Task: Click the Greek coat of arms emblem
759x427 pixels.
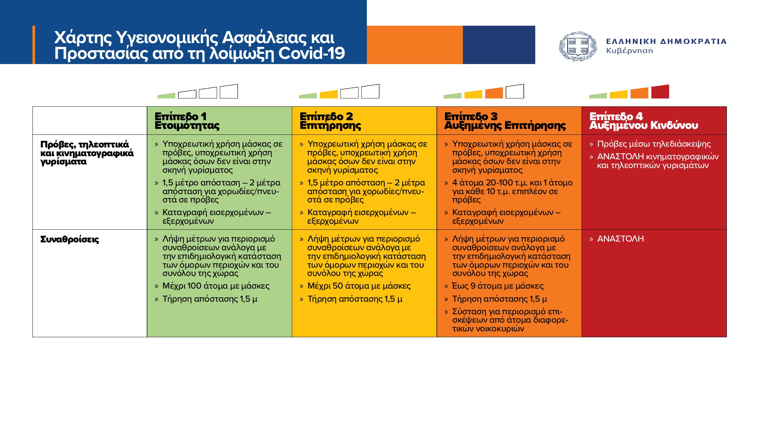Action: [x=578, y=47]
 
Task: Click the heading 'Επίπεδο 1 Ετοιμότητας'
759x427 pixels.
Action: [x=187, y=121]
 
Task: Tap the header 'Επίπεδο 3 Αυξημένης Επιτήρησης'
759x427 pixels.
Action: [x=505, y=121]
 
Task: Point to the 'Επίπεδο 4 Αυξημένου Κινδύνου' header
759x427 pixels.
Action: [x=644, y=121]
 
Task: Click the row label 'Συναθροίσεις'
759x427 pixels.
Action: [x=70, y=240]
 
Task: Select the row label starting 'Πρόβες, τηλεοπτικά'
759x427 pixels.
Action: [x=87, y=153]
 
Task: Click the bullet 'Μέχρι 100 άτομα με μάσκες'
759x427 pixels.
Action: [x=216, y=286]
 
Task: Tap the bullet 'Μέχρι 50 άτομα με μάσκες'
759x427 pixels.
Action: [x=359, y=286]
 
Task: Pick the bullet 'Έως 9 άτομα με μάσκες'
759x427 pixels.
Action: [x=498, y=286]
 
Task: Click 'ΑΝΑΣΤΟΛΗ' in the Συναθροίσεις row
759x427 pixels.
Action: [x=620, y=239]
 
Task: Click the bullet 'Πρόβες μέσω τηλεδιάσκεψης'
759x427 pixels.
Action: [x=654, y=144]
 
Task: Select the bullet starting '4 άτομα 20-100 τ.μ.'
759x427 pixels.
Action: [x=512, y=191]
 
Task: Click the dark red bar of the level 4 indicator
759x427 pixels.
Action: [x=660, y=92]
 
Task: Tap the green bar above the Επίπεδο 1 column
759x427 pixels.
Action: [x=166, y=96]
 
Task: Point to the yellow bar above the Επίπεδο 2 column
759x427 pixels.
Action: [x=329, y=94]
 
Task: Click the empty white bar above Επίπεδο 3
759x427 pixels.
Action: [x=515, y=91]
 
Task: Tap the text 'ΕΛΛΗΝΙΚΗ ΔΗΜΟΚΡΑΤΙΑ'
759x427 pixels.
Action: [x=666, y=42]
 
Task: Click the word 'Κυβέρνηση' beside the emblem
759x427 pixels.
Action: [x=629, y=51]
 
